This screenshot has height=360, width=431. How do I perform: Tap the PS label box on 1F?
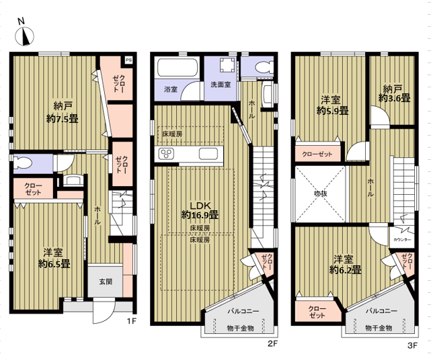coord(128,60)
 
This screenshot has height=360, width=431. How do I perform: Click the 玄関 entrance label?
coord(106,281)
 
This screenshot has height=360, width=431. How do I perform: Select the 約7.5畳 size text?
coord(63,119)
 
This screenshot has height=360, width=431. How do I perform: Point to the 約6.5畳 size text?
coord(54,264)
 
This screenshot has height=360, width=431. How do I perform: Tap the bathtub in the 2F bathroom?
coord(178,68)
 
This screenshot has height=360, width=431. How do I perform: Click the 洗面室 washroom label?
coord(221,85)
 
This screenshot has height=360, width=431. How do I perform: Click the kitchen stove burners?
coord(166,154)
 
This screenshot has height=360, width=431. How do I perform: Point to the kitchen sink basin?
coord(208,154)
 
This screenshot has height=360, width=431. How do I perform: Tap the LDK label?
coord(200,206)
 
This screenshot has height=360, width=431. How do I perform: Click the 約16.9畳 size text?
coord(200,215)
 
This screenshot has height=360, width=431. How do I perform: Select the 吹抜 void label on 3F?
coord(321,193)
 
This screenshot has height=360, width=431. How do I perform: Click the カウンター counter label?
coord(402,240)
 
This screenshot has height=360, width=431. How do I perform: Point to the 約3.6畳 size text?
coord(395,98)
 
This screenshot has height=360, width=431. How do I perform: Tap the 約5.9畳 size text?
coord(333,111)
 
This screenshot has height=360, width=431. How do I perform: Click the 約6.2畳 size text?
coord(345,270)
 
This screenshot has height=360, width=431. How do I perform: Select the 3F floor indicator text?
coord(412,345)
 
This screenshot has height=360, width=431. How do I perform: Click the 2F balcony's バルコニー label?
coord(243,311)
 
